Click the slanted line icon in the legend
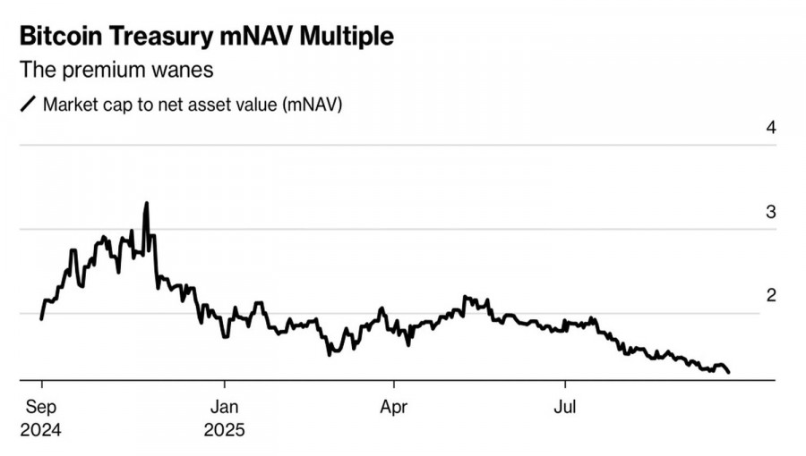(x=27, y=104)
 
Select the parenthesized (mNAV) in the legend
(x=313, y=104)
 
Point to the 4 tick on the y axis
(x=770, y=127)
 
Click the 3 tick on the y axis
(x=770, y=212)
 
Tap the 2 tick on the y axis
(x=770, y=296)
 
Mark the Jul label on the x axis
(x=564, y=409)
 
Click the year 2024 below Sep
(x=39, y=430)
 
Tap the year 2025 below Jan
(x=224, y=430)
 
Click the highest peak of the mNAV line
(x=146, y=204)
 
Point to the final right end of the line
(x=729, y=372)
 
